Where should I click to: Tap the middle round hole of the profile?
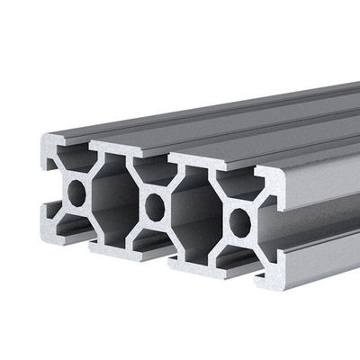pos(156,206)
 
